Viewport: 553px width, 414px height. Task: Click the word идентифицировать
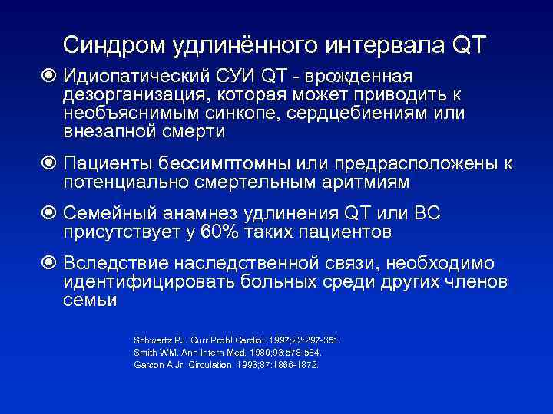(149, 281)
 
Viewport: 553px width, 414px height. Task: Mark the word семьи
(90, 300)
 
